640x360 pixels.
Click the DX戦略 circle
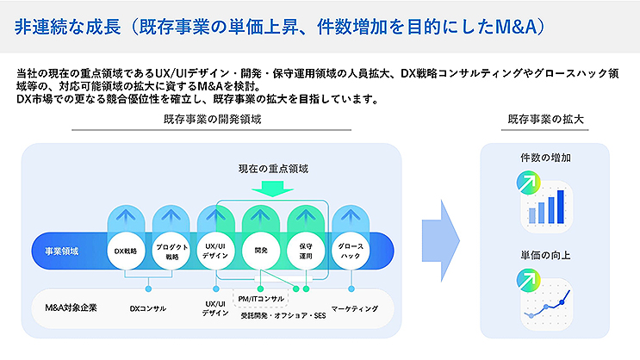coord(127,251)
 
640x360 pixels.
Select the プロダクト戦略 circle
coord(171,251)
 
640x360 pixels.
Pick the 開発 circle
coord(261,251)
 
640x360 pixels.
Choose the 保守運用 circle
coord(306,251)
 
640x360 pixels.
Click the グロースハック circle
coord(351,251)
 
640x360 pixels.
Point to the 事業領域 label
coord(61,251)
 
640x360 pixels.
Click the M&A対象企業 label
coord(71,307)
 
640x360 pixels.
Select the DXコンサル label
coord(147,307)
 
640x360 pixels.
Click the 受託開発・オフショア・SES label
coord(283,315)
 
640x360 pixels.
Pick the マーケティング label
coord(354,307)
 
